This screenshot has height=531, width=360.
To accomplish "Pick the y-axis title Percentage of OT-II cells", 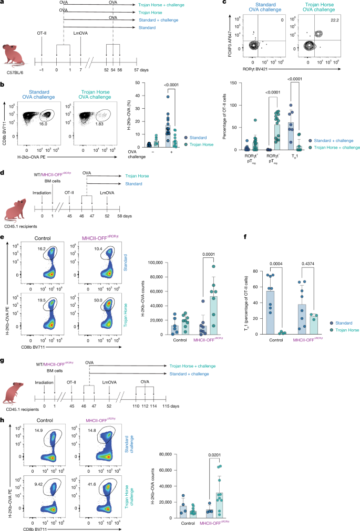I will [x=219, y=123].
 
